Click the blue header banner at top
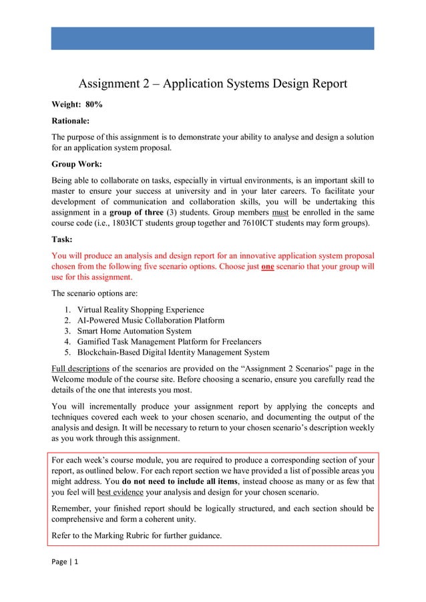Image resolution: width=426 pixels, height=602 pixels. pos(212,38)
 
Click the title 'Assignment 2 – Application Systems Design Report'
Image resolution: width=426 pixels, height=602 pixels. pos(213,84)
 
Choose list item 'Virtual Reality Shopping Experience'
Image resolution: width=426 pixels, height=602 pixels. pos(140,310)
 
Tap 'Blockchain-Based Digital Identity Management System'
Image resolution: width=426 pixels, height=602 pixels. pos(173,353)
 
